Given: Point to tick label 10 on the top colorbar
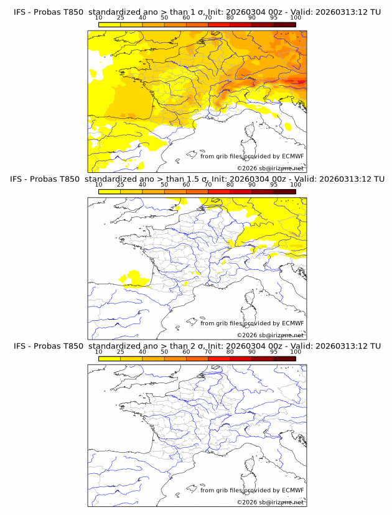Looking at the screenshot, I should coord(98,19).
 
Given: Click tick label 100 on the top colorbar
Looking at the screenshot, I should coord(296,19).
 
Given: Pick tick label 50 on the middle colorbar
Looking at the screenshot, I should coord(164,185).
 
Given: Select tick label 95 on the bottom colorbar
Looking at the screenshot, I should coord(274,352).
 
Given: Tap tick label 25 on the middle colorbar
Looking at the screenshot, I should coord(120,185).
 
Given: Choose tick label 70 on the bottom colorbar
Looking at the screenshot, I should coord(208,352).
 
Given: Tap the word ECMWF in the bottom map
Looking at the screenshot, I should coord(292,490).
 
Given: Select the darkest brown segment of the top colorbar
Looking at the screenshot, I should coord(284,24).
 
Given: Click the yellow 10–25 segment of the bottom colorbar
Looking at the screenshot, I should coord(109,358).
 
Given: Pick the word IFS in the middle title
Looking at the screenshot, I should coord(20,179).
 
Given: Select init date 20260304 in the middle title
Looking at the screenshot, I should coord(245,179).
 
